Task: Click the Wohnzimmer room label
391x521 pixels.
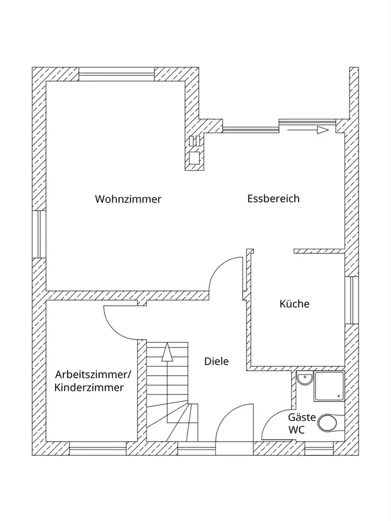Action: pos(128,199)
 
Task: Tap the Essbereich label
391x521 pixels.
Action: pos(273,199)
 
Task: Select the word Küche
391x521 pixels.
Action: pos(294,304)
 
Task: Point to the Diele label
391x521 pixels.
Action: pos(216,361)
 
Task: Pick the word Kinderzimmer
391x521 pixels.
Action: pos(89,388)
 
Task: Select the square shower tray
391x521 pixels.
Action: pos(329,386)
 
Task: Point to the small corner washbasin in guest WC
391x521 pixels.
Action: pos(304,379)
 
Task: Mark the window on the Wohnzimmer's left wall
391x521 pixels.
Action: pos(39,234)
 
